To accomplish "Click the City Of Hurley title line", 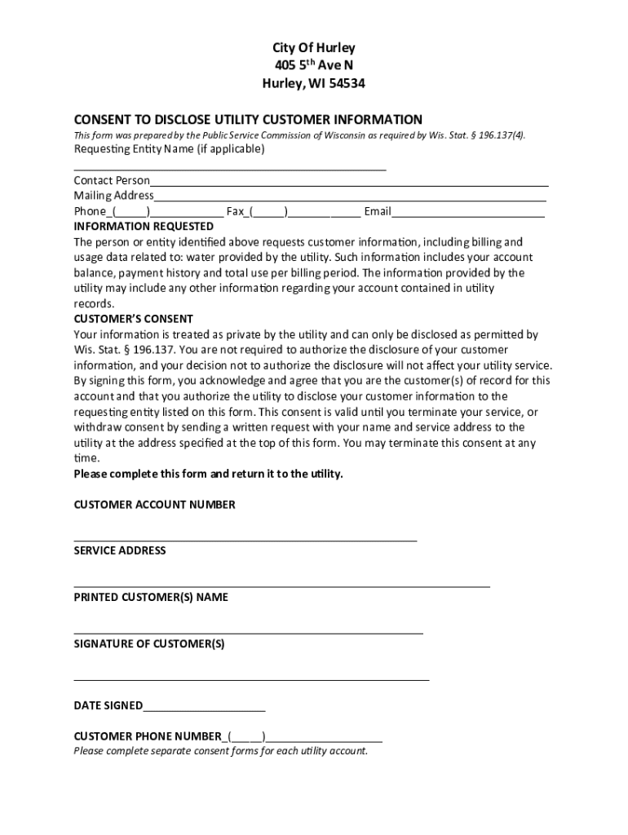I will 314,48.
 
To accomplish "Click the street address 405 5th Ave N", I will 314,65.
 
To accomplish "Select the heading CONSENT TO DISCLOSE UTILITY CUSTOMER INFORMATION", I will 248,119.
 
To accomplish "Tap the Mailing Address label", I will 113,196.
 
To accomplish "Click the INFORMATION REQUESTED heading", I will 144,227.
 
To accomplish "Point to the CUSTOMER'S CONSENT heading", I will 134,319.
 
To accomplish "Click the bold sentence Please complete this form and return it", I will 209,474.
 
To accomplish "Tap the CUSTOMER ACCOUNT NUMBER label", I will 154,505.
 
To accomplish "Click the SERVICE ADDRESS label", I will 120,550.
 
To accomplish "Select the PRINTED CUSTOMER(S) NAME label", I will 151,597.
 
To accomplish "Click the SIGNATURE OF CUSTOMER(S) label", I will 149,643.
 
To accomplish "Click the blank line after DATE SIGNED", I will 204,709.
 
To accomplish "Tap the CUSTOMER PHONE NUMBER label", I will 147,736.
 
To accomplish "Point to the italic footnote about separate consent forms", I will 220,751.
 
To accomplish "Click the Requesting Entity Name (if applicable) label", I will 170,149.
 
